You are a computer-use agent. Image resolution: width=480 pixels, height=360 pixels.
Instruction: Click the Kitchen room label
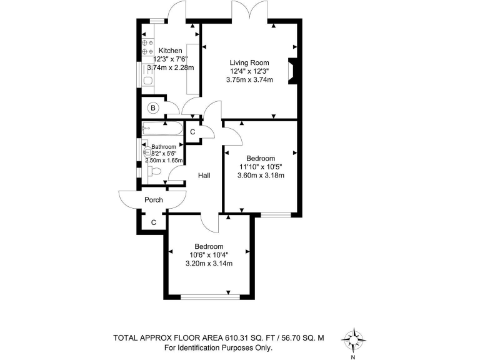pos(170,51)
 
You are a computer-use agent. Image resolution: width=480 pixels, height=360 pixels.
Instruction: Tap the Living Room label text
pos(249,62)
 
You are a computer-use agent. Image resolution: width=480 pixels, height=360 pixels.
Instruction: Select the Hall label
pos(204,176)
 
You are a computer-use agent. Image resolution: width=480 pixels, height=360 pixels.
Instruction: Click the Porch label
pos(154,200)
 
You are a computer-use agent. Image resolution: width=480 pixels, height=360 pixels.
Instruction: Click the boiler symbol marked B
pos(152,108)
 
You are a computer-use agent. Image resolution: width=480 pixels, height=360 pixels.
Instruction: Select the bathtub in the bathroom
pos(162,130)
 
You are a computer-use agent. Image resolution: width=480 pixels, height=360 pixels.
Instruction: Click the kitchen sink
pos(148,81)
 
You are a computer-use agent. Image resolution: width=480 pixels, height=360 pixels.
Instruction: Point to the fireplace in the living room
pos(292,71)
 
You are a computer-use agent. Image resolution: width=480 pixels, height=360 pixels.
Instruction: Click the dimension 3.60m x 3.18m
pos(261,176)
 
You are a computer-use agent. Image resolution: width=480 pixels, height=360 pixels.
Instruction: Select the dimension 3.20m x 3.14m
pos(209,263)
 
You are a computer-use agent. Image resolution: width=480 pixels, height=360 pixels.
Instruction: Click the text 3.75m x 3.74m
pos(249,79)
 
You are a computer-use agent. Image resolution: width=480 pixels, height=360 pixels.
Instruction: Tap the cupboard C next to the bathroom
pos(192,132)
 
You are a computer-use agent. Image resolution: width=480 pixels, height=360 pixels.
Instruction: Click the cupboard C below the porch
pos(153,222)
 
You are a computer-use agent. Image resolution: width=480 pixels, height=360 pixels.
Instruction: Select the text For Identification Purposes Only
pos(218,348)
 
